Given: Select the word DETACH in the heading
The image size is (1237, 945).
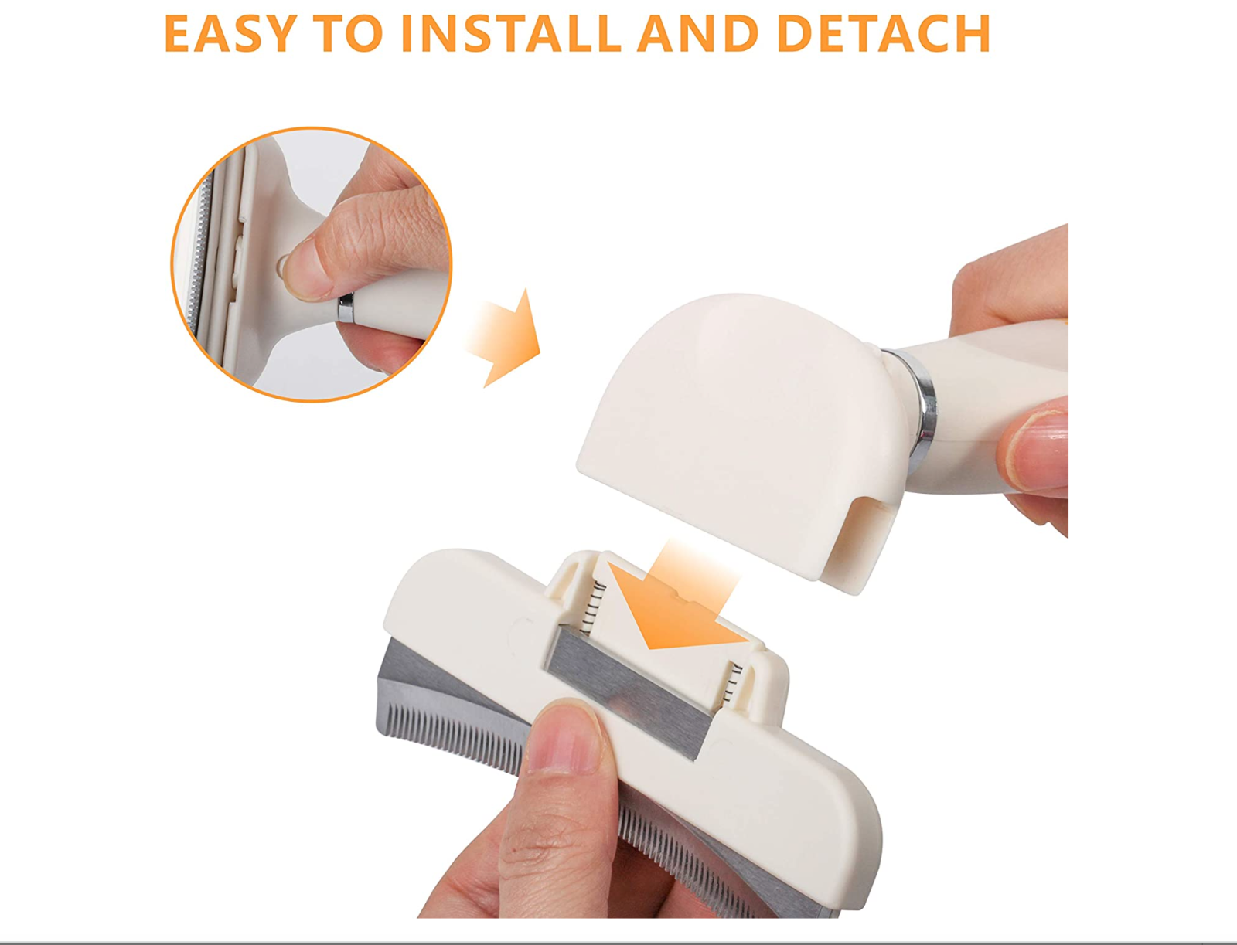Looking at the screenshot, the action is click(x=883, y=34).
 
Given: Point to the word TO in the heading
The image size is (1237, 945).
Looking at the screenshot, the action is click(x=350, y=34).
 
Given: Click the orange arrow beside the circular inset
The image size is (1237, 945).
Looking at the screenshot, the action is click(x=503, y=338).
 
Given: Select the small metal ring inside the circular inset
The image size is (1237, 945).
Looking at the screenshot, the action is click(x=346, y=308).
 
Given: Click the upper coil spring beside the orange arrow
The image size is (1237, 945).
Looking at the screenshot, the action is click(x=598, y=608).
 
